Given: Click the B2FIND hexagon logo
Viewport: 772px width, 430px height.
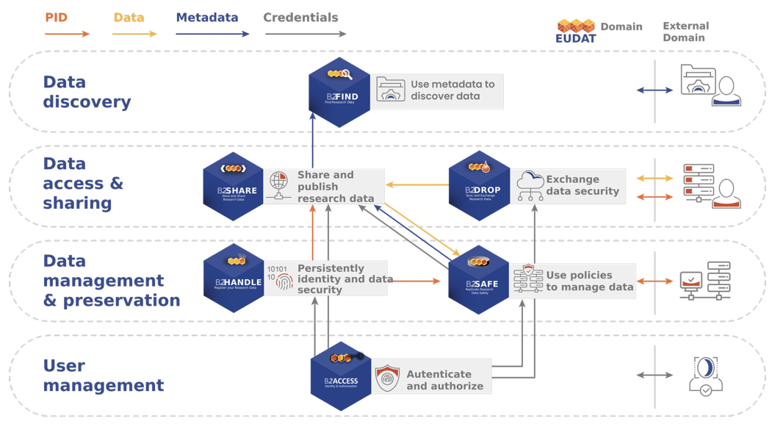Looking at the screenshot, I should point(339,92).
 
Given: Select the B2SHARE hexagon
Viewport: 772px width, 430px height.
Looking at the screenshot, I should point(234,187).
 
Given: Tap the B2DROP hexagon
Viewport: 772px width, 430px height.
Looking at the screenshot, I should point(479,187).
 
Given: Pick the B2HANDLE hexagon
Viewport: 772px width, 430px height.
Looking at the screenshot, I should point(234,279).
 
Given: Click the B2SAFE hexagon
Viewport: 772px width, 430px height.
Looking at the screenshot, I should point(478,280).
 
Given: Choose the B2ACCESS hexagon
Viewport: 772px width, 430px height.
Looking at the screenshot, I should point(341,376).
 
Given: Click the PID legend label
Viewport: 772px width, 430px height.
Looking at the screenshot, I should point(57,18).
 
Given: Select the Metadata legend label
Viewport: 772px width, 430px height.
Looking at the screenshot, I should point(207,18).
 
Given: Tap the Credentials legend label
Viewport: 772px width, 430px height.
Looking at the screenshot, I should point(300,18).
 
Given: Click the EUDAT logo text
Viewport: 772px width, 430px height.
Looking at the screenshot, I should point(576,38).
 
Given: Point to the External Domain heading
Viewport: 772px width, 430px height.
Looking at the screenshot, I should point(685,32).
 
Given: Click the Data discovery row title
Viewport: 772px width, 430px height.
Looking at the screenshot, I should point(87,92).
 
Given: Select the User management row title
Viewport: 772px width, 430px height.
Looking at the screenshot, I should point(103,376).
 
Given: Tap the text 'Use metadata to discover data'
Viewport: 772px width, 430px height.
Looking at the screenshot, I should point(452,90).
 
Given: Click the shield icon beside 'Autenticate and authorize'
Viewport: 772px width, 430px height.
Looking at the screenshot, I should point(387,379).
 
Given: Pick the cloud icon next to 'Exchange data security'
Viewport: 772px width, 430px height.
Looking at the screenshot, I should point(530,185).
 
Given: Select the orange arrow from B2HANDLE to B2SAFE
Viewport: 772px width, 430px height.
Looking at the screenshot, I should point(416,281).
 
